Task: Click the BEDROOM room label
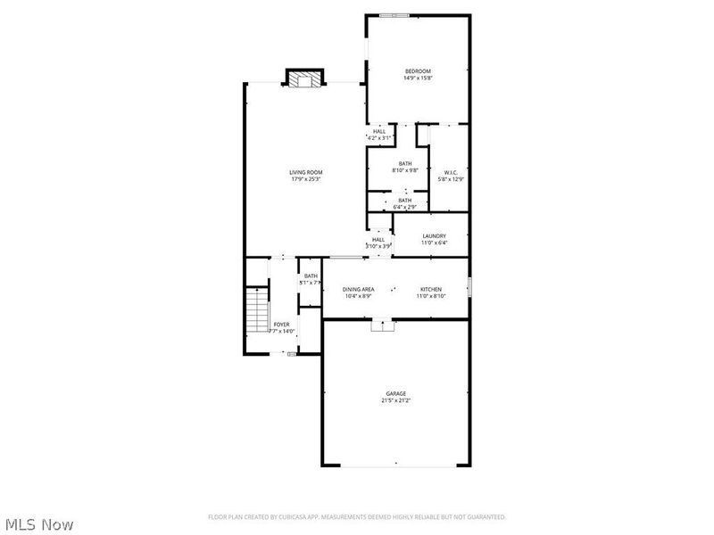click(418, 71)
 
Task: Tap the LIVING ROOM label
click(305, 172)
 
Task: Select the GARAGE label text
click(396, 393)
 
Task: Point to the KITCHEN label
click(432, 289)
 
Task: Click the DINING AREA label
click(358, 289)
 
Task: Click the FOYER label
click(282, 324)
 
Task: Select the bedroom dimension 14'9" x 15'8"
click(418, 78)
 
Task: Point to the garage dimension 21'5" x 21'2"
click(396, 400)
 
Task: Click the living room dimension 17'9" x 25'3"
click(305, 179)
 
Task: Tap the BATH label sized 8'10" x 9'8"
click(405, 163)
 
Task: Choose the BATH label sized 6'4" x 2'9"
click(405, 200)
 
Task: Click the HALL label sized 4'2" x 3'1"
click(380, 131)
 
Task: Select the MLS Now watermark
click(38, 524)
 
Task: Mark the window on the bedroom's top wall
click(394, 14)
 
